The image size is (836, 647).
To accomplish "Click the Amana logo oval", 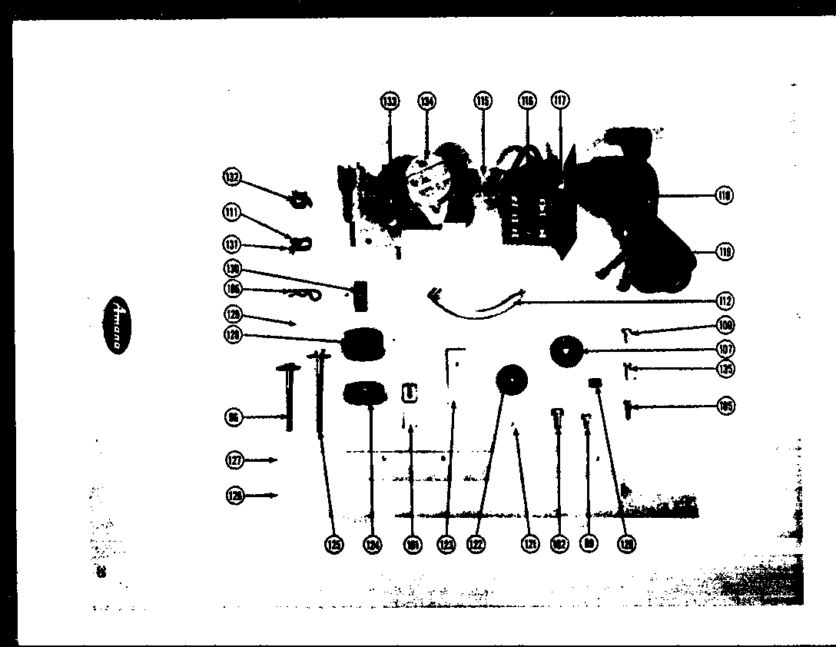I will pos(114,324).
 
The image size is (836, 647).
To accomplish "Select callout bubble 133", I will pos(390,101).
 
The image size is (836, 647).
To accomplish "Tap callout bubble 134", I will pos(426,101).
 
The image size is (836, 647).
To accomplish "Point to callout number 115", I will pos(483,101).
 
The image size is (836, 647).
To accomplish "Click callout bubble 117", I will pos(560,101).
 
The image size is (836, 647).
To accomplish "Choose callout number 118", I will pos(723,196).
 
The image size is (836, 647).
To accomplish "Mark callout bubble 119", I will pos(723,251).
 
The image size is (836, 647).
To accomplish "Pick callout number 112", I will pos(723,300).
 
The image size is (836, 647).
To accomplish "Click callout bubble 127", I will pos(234,460).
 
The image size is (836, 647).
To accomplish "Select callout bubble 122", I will pos(477,544).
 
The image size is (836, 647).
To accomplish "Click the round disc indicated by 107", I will pos(567,350).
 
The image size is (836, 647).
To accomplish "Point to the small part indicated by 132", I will pos(300,201).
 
